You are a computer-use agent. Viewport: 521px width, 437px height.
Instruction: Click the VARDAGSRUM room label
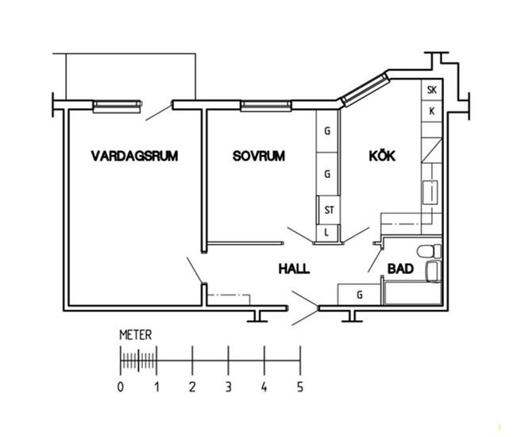133,156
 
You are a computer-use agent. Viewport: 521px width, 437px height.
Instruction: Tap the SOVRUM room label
258,156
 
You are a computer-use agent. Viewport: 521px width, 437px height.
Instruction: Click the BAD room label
401,269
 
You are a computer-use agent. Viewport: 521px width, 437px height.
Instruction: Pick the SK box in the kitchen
432,90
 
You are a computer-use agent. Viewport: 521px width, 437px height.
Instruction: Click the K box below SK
432,110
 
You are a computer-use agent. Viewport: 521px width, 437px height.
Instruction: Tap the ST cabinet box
328,211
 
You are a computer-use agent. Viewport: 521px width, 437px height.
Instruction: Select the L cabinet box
328,231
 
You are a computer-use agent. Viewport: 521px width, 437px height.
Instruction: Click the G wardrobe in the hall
360,295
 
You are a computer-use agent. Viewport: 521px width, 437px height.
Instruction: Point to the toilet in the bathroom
431,253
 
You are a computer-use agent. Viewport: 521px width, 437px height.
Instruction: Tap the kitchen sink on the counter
430,192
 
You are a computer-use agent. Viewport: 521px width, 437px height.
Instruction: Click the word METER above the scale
135,335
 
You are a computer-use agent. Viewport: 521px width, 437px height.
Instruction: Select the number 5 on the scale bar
299,387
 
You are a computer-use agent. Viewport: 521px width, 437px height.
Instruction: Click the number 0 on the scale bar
120,387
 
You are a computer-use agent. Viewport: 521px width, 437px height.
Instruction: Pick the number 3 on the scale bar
228,387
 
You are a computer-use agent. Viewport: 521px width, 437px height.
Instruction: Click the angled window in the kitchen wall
364,89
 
